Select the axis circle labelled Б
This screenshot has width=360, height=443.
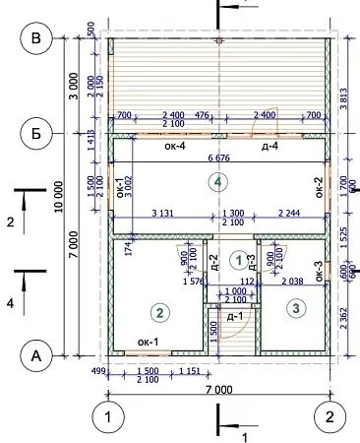point(37,132)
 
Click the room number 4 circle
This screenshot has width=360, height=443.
point(218,181)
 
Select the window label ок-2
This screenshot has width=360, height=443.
point(318,187)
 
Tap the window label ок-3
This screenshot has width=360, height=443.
point(318,270)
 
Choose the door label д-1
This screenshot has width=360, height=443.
point(235,316)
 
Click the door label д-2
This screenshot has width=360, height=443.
point(214,263)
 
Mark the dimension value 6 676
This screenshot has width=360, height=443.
point(219,158)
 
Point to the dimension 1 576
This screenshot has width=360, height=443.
point(196,281)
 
